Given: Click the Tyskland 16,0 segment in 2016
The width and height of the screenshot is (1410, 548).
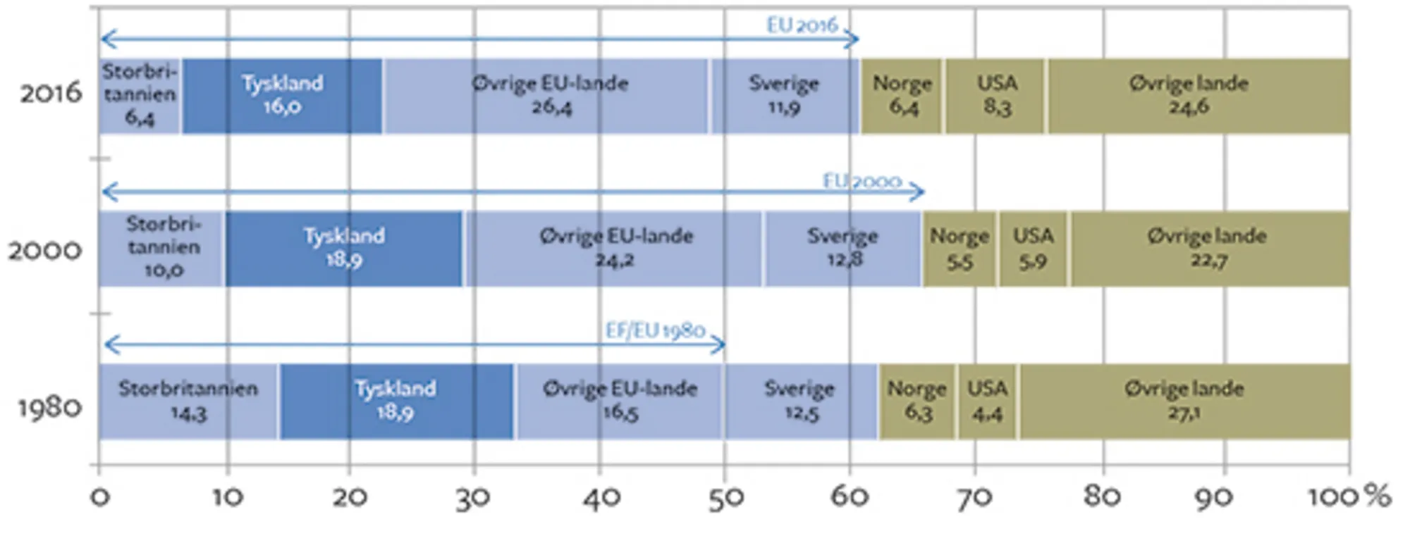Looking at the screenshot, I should coord(282,96).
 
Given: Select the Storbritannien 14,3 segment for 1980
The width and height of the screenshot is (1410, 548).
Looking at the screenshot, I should coord(188,401).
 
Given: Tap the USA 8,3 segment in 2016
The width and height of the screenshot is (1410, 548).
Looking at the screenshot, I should coord(995,96).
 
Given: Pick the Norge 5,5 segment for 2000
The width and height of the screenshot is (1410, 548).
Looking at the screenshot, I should coord(960,249).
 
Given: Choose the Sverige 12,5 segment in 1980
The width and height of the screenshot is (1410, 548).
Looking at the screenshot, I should coord(801,401).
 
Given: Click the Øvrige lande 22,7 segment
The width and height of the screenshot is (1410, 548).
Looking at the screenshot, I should coord(1208,249).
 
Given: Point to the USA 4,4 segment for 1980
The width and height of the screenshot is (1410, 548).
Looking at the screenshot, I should coord(987,401).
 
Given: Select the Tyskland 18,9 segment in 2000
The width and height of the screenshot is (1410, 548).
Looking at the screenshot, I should coord(344,249).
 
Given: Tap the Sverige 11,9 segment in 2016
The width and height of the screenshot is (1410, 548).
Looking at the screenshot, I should coord(784,96).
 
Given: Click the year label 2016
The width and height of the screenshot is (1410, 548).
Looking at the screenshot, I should coord(51,93).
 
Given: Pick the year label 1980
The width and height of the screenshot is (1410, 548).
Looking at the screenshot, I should coord(49,407).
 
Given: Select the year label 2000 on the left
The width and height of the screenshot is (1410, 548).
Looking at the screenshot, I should coord(45,250).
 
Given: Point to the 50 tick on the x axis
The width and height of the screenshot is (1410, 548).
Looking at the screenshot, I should coord(724,497).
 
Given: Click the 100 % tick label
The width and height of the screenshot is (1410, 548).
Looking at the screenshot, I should coord(1348,497).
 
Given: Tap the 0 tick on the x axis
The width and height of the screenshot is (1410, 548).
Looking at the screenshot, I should coord(100,497).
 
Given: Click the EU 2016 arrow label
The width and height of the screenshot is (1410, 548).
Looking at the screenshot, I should coord(802,25).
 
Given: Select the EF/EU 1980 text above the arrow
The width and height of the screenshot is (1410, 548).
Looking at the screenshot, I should coord(655,330).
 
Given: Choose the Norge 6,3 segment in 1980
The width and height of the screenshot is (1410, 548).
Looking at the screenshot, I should coord(917,401).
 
